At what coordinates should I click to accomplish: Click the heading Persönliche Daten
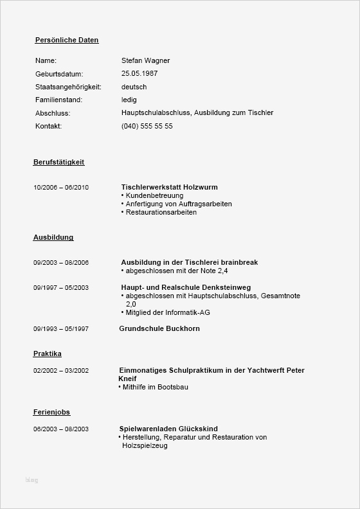click(67, 40)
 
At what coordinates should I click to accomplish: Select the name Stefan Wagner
click(145, 60)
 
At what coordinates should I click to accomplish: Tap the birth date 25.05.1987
click(139, 74)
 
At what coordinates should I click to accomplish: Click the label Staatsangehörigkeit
click(67, 87)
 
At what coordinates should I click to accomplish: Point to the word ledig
click(129, 100)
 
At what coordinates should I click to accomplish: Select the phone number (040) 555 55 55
click(147, 126)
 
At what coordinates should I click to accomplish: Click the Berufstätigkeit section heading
click(59, 162)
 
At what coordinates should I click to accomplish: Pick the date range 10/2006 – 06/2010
click(61, 188)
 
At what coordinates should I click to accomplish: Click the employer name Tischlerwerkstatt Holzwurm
click(169, 187)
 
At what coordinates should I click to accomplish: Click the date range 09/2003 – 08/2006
click(61, 263)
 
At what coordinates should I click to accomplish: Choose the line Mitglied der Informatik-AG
click(167, 312)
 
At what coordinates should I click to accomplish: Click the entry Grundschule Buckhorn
click(159, 328)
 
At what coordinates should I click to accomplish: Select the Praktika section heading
click(48, 353)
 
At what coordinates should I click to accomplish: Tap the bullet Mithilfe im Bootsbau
click(155, 387)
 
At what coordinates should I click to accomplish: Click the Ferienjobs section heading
click(51, 411)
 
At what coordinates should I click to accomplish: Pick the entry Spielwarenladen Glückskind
click(168, 429)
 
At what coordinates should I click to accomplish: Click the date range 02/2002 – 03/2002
click(61, 371)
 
